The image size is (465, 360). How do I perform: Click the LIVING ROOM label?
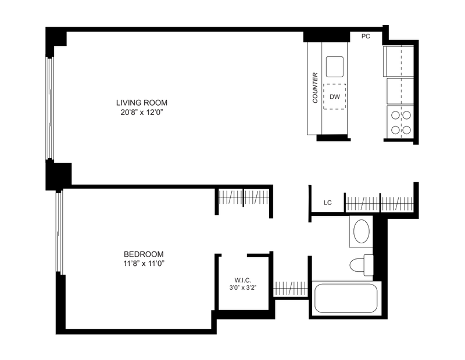tap(142, 103)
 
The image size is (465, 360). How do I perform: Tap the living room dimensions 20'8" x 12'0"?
tap(142, 113)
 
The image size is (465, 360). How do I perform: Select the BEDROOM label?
tap(144, 254)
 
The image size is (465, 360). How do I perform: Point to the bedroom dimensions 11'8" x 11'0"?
tap(144, 264)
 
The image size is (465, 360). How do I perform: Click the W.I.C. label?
tap(243, 280)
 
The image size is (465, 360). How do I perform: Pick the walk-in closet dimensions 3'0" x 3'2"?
tap(243, 287)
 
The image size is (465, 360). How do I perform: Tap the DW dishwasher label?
tap(335, 96)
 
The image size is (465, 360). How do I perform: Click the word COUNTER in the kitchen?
tap(315, 88)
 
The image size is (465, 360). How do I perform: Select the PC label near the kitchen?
tap(366, 36)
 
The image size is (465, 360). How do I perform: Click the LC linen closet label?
tap(328, 203)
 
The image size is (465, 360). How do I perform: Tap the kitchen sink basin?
tap(335, 67)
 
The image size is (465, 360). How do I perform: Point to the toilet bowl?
tap(357, 265)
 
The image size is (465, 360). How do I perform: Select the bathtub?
tap(346, 298)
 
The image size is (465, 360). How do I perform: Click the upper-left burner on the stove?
tap(395, 115)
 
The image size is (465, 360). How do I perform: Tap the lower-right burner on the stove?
tap(406, 130)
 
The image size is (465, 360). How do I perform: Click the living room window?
tap(49, 108)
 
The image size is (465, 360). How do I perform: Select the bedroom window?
tap(60, 233)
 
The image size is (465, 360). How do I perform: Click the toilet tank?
tap(369, 265)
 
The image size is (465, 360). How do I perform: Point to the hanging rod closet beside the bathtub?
tap(291, 289)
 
